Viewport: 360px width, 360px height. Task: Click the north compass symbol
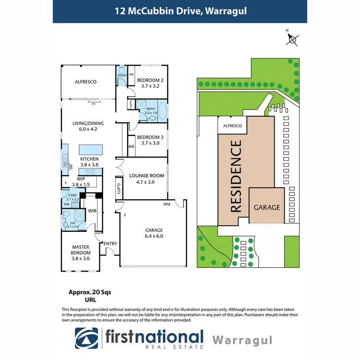(292, 38)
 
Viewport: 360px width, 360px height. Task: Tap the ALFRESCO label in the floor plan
(85, 82)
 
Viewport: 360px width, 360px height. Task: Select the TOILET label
(121, 75)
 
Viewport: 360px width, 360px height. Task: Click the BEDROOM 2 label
(150, 80)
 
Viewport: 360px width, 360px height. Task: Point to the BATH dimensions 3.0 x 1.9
(151, 113)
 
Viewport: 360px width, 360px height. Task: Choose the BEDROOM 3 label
(150, 137)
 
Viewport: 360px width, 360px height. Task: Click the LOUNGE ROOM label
(146, 176)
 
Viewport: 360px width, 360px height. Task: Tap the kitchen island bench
(89, 149)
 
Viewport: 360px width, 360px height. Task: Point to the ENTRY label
(110, 244)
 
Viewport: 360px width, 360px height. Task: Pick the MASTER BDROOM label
(80, 252)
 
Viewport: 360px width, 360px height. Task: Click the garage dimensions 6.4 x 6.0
(155, 236)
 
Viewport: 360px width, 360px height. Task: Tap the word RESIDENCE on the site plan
(237, 176)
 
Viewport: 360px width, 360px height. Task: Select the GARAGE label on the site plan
(266, 207)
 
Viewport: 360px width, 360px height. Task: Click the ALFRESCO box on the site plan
(232, 126)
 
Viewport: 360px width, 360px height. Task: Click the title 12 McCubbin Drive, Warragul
(180, 11)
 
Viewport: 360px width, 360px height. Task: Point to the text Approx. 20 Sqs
(84, 292)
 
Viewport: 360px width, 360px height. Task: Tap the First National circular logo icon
(87, 338)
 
